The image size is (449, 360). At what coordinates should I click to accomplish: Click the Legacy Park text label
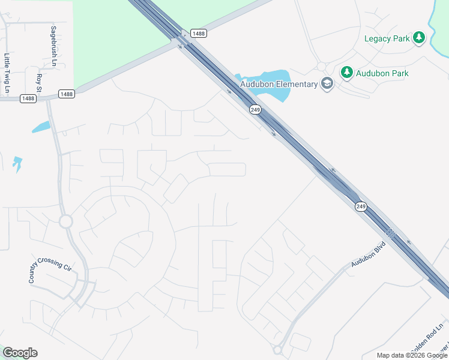click(387, 38)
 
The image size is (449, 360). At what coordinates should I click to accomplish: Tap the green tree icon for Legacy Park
click(419, 38)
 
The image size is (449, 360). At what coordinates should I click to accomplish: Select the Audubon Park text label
click(382, 73)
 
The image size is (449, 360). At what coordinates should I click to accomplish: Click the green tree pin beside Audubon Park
click(346, 73)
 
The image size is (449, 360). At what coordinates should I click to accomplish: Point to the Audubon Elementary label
click(279, 84)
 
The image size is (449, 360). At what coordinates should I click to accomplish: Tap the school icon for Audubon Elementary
click(327, 83)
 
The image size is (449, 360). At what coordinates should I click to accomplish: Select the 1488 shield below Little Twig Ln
click(28, 98)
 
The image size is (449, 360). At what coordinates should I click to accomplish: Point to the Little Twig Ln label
click(7, 74)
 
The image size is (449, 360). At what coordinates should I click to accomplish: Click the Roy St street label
click(39, 83)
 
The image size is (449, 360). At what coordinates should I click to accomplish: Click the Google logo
click(20, 352)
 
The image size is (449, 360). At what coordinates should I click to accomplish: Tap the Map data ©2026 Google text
click(412, 355)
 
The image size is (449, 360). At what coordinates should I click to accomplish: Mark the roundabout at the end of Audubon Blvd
click(277, 349)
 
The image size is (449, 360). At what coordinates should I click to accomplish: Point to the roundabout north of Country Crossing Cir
click(65, 221)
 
